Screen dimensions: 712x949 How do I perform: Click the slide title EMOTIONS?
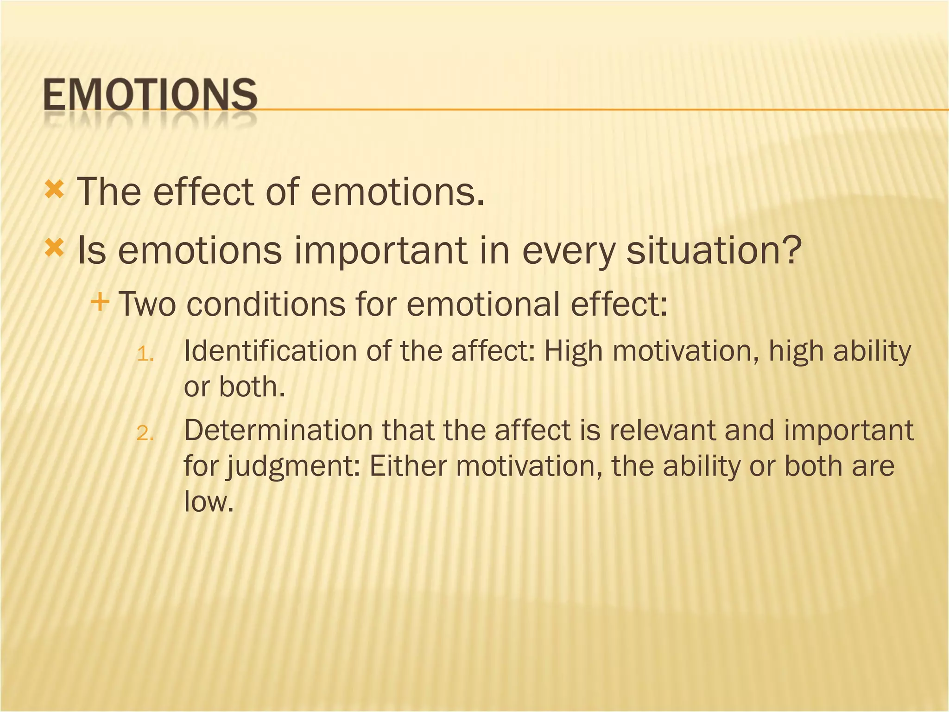(150, 95)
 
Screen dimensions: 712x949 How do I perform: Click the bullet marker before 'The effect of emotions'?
(54, 190)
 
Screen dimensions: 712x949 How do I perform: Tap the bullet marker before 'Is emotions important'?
(54, 249)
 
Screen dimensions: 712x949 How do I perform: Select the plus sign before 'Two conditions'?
(100, 303)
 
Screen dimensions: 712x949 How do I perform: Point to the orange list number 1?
(145, 355)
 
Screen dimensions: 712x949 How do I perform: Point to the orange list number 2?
(145, 434)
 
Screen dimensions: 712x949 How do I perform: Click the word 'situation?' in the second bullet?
(714, 250)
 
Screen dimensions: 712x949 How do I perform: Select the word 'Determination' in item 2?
(278, 430)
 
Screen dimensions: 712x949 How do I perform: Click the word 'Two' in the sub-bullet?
(147, 304)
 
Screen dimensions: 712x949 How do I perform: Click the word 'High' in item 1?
(573, 351)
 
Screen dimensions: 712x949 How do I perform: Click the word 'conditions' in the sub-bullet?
(266, 304)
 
